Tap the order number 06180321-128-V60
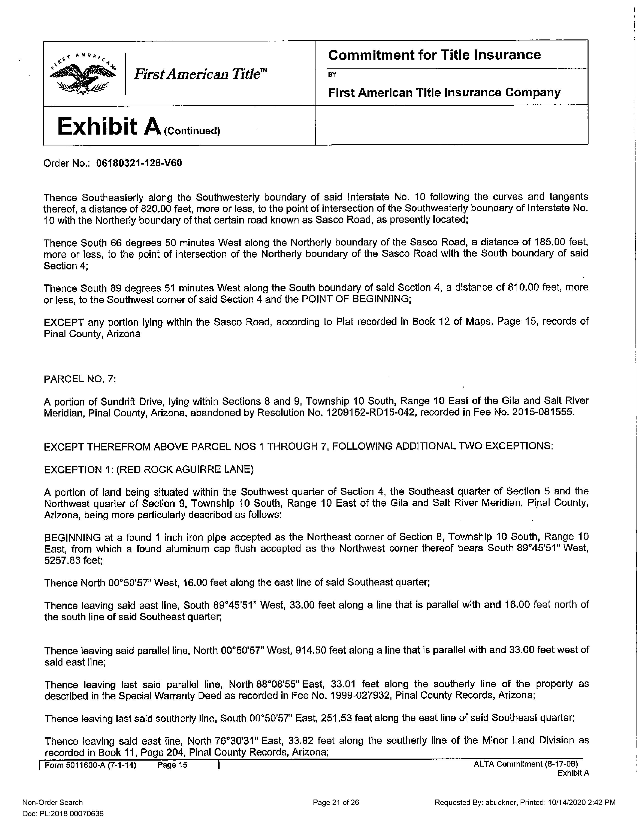click(139, 163)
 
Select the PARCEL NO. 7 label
click(80, 379)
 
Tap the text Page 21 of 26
click(336, 803)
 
